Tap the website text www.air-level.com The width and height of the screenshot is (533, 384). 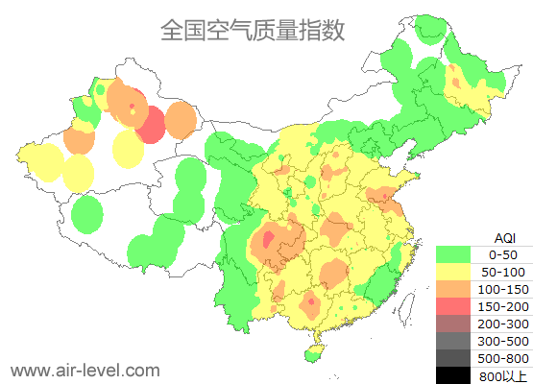tap(85, 370)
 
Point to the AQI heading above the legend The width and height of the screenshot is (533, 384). tap(504, 237)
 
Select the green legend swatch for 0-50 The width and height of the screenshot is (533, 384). tap(452, 254)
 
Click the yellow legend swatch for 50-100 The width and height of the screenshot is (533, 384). tap(452, 272)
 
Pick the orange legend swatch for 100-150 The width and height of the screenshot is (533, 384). tap(452, 289)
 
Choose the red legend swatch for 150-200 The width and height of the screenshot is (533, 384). tap(452, 306)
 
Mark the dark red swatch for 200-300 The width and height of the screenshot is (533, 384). tap(452, 324)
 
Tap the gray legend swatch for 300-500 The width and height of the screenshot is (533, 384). tap(452, 341)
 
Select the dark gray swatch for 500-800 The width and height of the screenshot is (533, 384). tap(452, 358)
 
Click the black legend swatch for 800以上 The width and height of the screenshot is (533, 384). tap(452, 375)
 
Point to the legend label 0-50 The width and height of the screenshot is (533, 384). tap(502, 254)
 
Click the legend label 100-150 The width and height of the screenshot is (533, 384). tap(502, 289)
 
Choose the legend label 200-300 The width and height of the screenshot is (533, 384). tap(502, 324)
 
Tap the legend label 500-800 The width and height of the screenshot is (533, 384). tap(502, 358)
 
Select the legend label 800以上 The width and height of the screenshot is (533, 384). tap(502, 375)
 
